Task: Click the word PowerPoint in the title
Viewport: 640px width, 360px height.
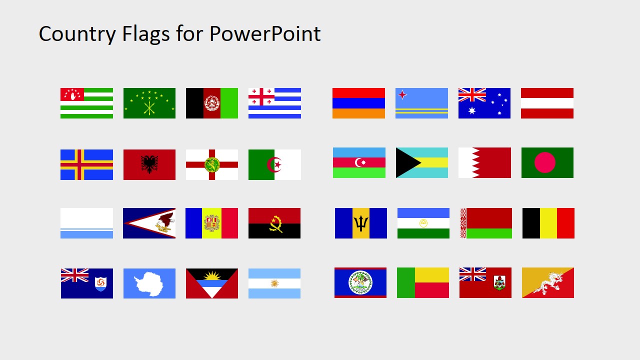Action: pos(265,34)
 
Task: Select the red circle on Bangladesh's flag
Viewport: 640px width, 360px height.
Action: pos(544,162)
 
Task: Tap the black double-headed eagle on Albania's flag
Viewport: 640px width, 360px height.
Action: pos(149,164)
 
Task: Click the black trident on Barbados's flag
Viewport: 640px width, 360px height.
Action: pos(361,223)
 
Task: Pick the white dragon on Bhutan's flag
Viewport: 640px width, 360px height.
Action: pos(548,282)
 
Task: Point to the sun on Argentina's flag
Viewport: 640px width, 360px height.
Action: pos(274,283)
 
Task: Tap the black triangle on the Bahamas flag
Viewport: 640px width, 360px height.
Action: pos(404,162)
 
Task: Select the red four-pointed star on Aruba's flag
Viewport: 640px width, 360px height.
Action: pos(401,94)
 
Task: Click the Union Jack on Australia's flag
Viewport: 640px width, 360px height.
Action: pos(472,95)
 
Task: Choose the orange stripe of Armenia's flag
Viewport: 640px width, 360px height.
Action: pos(358,113)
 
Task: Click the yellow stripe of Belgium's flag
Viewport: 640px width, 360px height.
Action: pos(548,223)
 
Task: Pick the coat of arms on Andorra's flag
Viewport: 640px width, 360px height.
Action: pos(212,223)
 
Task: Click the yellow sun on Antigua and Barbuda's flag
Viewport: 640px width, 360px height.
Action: pos(212,275)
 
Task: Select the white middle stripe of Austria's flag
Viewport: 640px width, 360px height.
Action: pos(547,103)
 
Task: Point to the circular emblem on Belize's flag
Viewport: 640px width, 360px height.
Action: pos(360,282)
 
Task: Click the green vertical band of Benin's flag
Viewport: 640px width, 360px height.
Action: pos(405,282)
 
